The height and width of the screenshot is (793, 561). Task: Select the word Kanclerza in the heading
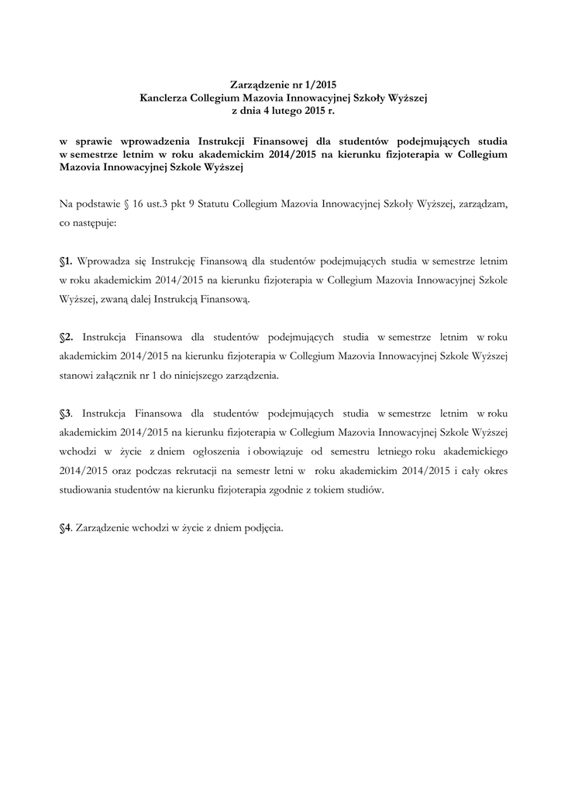(x=163, y=98)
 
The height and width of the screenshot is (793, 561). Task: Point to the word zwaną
(x=140, y=299)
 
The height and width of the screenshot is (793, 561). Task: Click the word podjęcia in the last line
(x=261, y=529)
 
